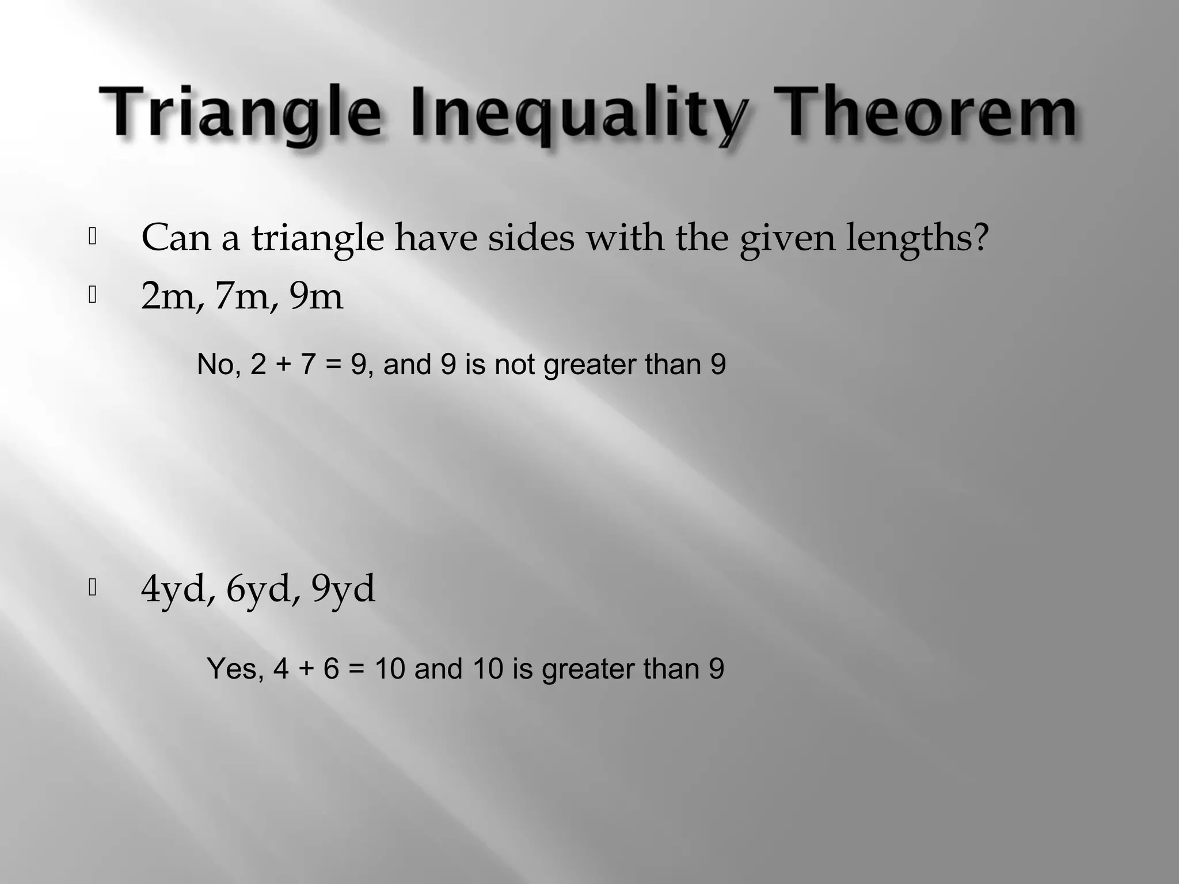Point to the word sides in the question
pos(531,237)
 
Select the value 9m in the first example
pos(315,297)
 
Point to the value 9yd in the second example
pos(344,589)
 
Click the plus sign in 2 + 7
pos(283,365)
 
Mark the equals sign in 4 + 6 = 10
pos(357,669)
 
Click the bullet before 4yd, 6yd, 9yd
pos(92,588)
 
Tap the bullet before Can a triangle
pos(92,237)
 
